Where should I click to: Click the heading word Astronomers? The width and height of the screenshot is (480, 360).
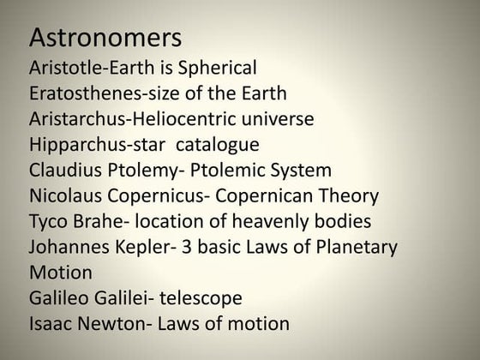(105, 39)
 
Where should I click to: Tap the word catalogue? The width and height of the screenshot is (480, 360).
(219, 144)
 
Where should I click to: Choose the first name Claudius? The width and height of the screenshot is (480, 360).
(64, 170)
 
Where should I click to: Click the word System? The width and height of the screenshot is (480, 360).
(300, 170)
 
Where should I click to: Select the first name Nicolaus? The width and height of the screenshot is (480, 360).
(65, 195)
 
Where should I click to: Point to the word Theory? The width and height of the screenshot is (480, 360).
(348, 195)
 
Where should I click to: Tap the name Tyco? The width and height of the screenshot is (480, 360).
(47, 222)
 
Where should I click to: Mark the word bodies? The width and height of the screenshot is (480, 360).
(343, 222)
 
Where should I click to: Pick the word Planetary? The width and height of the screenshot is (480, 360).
(354, 248)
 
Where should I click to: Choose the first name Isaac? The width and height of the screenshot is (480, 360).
(51, 325)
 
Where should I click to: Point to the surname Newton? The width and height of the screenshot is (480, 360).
(114, 325)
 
